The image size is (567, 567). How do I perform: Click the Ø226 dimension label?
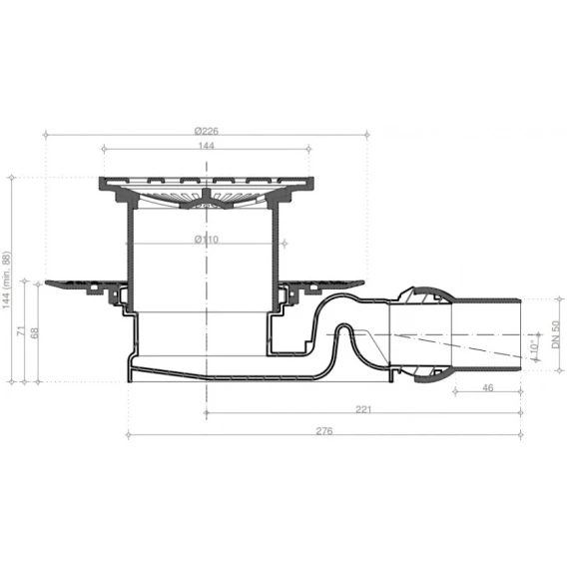click(x=206, y=131)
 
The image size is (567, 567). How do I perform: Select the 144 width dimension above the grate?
click(x=206, y=146)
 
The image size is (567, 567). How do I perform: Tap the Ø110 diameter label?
click(x=206, y=239)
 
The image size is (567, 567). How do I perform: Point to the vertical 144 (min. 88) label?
click(x=7, y=280)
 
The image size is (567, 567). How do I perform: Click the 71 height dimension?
click(x=22, y=330)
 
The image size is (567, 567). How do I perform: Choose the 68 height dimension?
click(x=35, y=332)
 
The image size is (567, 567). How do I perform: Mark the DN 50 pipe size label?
click(x=555, y=334)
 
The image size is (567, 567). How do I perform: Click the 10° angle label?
click(x=535, y=346)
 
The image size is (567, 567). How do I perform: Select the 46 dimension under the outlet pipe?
click(x=488, y=387)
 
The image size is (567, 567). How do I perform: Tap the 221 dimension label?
click(x=363, y=409)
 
